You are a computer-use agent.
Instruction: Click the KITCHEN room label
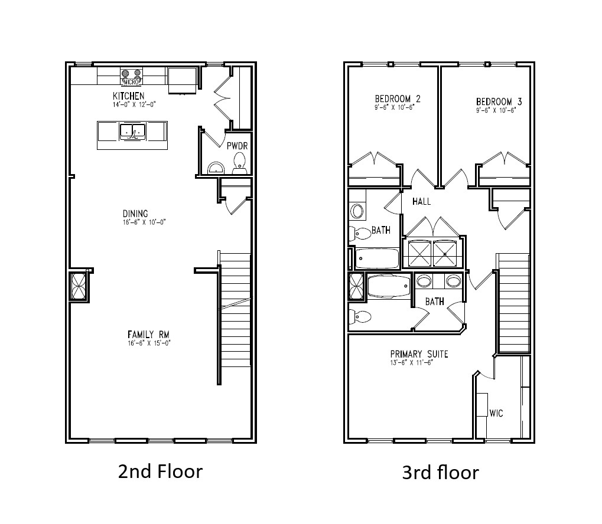click(129, 96)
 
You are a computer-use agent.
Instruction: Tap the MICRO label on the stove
click(131, 81)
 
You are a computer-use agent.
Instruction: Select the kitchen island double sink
click(132, 131)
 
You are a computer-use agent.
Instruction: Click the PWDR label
click(237, 145)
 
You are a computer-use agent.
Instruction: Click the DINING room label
click(135, 214)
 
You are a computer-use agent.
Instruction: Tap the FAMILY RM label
click(140, 334)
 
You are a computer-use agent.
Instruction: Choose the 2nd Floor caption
click(160, 471)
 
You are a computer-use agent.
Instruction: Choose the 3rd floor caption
click(440, 472)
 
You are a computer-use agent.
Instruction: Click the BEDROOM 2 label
click(398, 99)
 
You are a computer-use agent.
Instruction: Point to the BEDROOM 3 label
click(499, 101)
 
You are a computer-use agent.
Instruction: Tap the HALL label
click(421, 201)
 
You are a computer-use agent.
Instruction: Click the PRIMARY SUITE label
click(419, 354)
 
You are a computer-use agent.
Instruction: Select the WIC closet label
click(496, 413)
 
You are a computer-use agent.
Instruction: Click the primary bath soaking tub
click(388, 287)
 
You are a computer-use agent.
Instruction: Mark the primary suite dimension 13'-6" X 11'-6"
click(412, 362)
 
